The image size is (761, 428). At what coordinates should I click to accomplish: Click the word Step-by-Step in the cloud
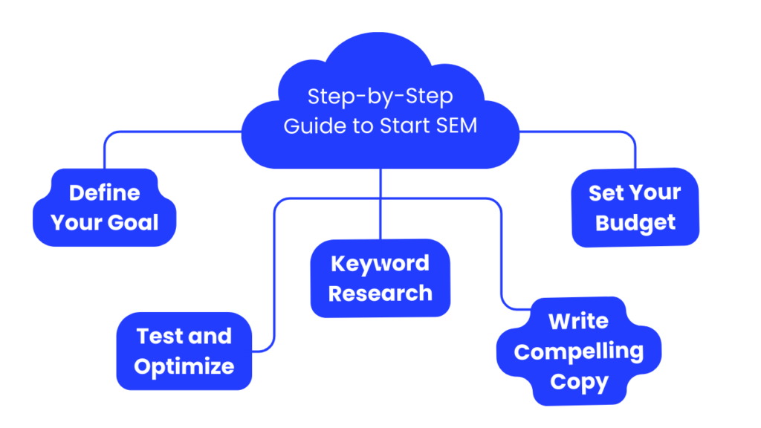(x=380, y=97)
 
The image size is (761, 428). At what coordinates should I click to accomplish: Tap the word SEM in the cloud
(x=454, y=126)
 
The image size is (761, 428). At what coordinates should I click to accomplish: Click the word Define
(x=104, y=193)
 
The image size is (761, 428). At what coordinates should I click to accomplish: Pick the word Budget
(x=635, y=223)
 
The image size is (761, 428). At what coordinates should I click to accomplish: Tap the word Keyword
(x=380, y=264)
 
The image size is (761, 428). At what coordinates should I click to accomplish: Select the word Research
(x=380, y=294)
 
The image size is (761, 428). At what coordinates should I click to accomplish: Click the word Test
(x=161, y=336)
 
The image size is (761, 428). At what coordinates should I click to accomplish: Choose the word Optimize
(x=184, y=366)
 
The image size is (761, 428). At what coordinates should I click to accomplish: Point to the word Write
(x=578, y=322)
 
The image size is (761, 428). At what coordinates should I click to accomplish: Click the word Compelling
(x=578, y=351)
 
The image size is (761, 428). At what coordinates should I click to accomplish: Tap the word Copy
(x=578, y=382)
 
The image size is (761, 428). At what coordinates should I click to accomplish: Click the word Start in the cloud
(x=402, y=126)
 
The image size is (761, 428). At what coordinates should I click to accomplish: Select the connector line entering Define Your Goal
(x=104, y=152)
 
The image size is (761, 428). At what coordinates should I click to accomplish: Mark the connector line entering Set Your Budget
(x=635, y=152)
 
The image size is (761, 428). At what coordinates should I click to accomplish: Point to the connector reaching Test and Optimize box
(x=275, y=297)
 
